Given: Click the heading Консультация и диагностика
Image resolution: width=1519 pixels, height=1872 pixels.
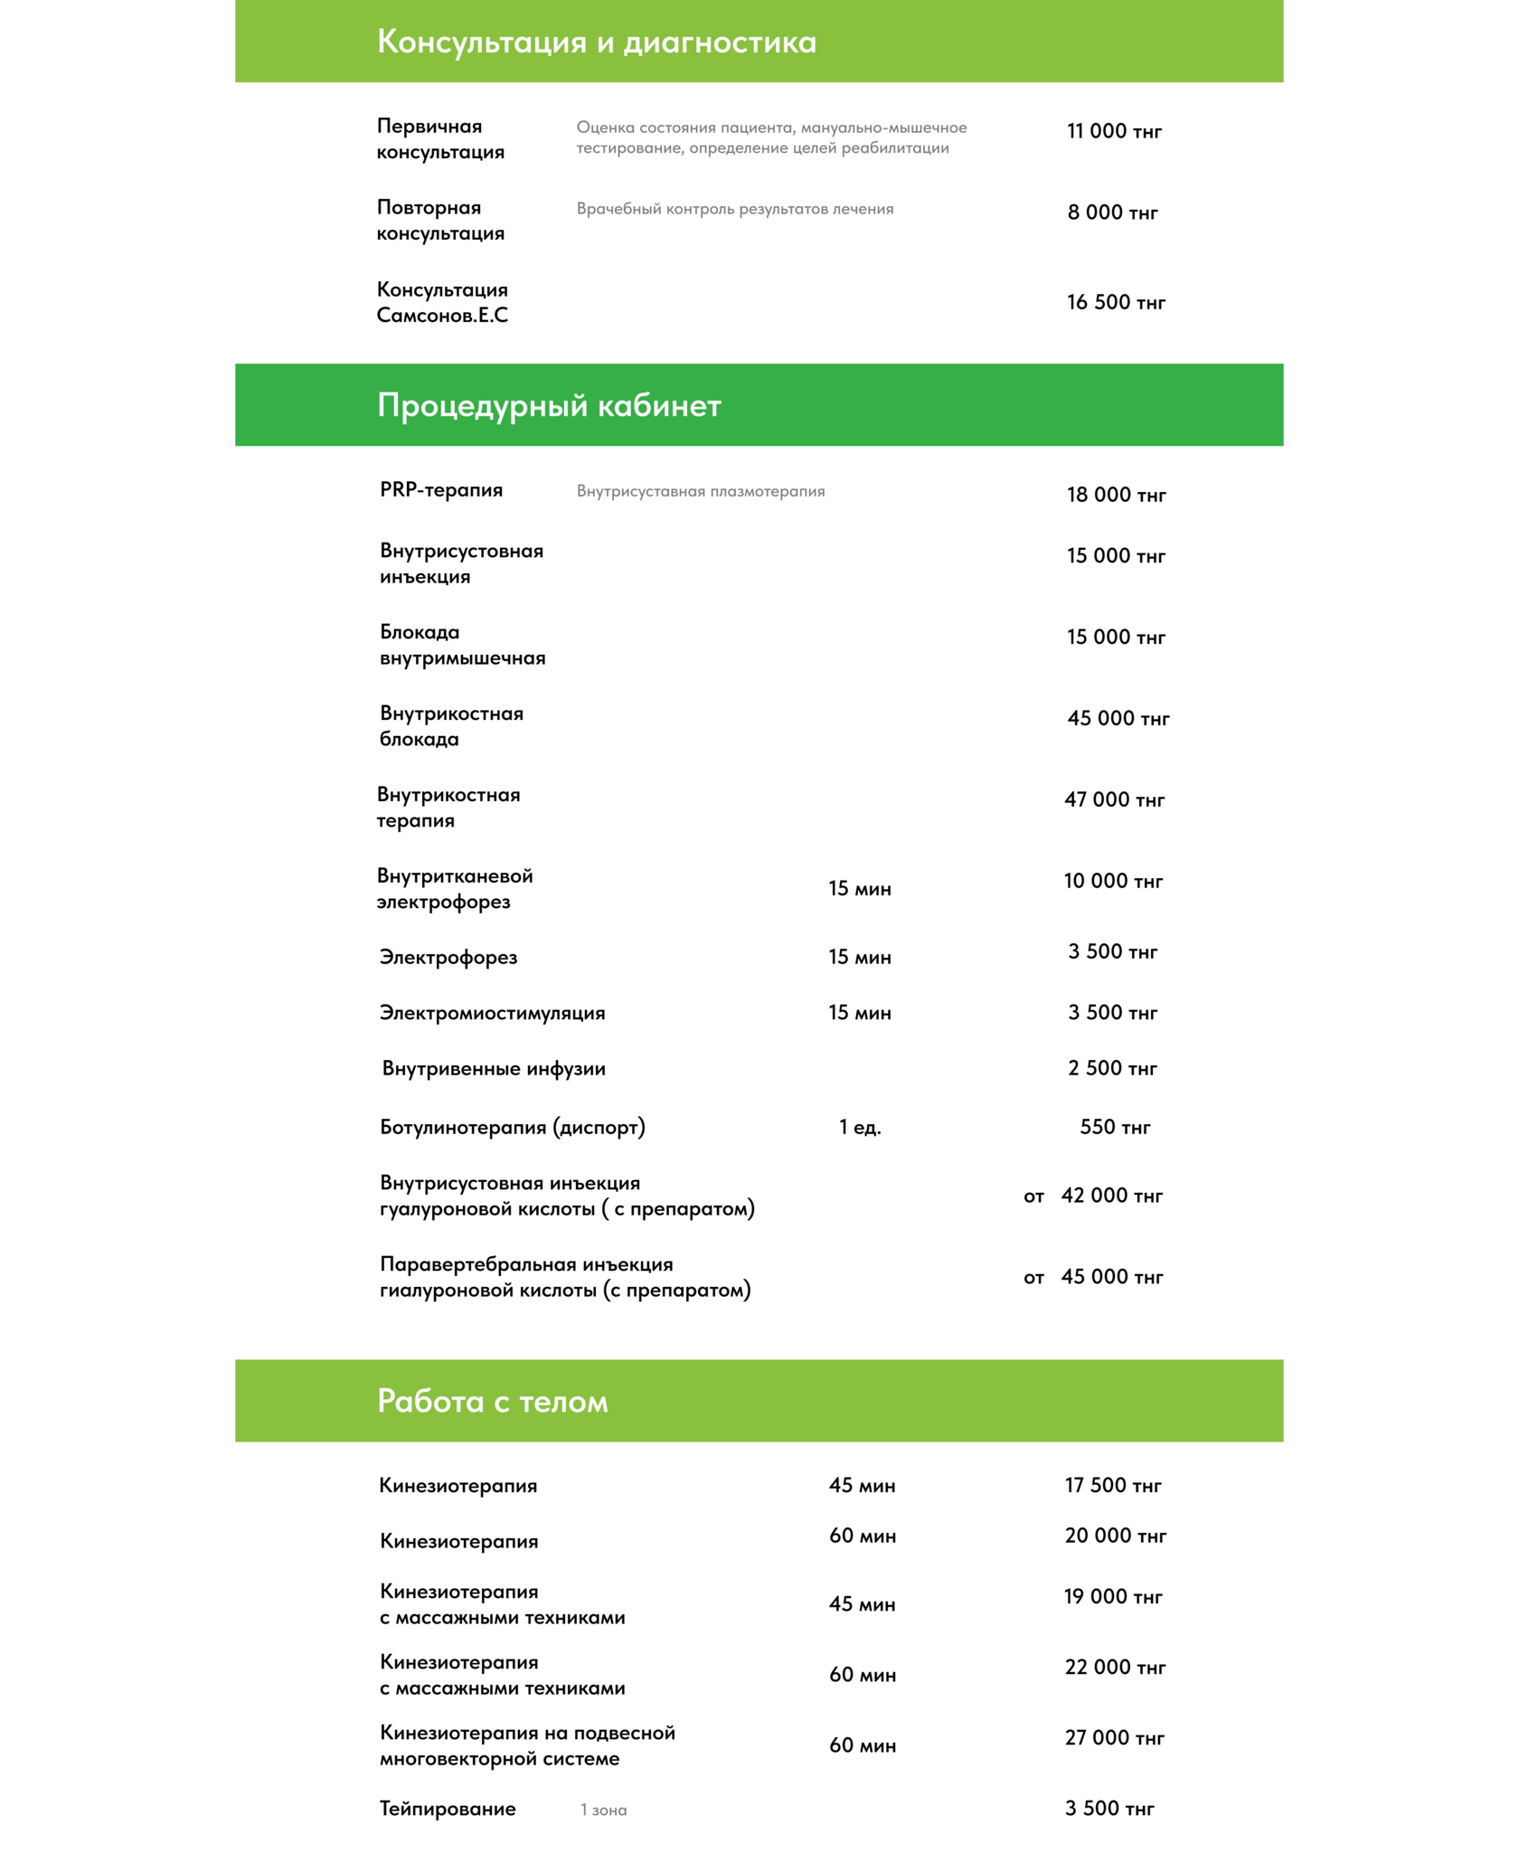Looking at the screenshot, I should pos(596,43).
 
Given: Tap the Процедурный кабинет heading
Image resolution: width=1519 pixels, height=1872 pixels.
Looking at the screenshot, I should pos(549,405).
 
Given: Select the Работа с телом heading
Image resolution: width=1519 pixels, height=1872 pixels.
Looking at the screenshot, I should pos(492,1401).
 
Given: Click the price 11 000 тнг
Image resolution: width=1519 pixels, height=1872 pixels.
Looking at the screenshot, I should pos(1114,132).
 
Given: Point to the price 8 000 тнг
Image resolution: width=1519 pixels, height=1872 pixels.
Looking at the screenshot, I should pos(1112,213).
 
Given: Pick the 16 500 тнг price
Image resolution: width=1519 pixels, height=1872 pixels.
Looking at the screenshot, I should pos(1116,302).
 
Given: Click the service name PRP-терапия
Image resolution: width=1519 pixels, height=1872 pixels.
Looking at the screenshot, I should pos(441,490).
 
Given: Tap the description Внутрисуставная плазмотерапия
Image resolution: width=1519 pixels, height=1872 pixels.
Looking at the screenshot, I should pos(701,491).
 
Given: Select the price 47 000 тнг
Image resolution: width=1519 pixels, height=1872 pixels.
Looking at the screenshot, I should pos(1114,799).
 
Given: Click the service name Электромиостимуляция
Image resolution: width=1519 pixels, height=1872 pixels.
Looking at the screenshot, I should pos(492,1013).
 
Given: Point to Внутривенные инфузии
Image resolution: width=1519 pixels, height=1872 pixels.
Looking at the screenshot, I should pos(494,1069).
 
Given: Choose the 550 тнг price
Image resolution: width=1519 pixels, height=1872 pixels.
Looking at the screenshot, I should pos(1115,1127).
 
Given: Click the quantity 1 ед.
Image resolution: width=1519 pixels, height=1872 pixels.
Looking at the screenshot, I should pos(860,1127).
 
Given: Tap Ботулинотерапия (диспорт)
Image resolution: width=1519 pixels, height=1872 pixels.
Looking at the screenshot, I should pos(512,1127).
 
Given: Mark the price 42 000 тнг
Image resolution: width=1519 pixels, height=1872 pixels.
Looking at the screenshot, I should pos(1111,1196).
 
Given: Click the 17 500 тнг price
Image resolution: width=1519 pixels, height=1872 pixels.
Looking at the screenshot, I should pos(1113,1485).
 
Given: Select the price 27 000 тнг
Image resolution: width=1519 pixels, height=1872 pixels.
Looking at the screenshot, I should pos(1114,1737).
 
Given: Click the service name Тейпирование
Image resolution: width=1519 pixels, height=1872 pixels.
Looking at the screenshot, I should pos(448,1809).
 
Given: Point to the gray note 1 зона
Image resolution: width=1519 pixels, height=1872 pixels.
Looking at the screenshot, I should pos(603,1810).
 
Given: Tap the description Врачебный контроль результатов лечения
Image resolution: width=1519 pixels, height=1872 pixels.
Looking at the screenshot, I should pos(735,209).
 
